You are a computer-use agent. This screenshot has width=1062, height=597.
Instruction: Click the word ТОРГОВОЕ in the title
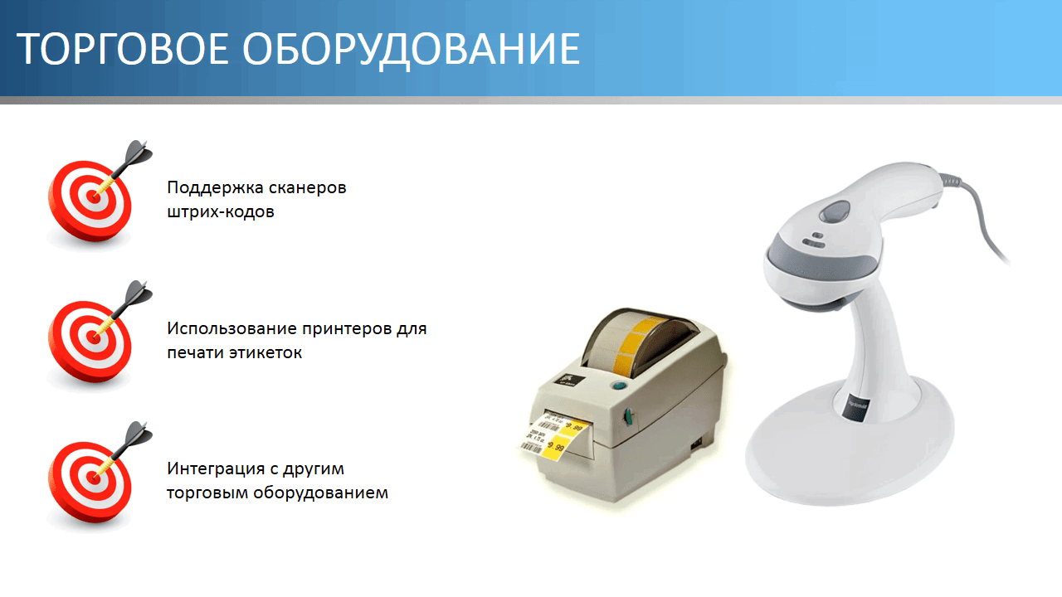122,48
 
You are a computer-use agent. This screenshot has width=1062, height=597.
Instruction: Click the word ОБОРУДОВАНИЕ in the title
412,50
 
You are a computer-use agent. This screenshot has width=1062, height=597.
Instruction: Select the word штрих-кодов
221,211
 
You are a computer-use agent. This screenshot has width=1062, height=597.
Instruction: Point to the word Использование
231,328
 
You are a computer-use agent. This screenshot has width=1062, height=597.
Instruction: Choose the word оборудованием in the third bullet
320,493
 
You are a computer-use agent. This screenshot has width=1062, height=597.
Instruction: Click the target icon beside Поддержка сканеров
95,197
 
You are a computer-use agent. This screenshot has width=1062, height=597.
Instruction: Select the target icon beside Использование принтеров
95,337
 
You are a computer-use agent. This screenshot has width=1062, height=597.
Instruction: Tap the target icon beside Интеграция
95,478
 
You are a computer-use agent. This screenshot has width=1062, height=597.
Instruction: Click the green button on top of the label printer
618,385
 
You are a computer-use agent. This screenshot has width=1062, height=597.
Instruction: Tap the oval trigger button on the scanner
834,211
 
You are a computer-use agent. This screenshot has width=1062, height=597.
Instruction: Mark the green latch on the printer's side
628,417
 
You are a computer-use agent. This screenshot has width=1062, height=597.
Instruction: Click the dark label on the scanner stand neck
856,406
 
